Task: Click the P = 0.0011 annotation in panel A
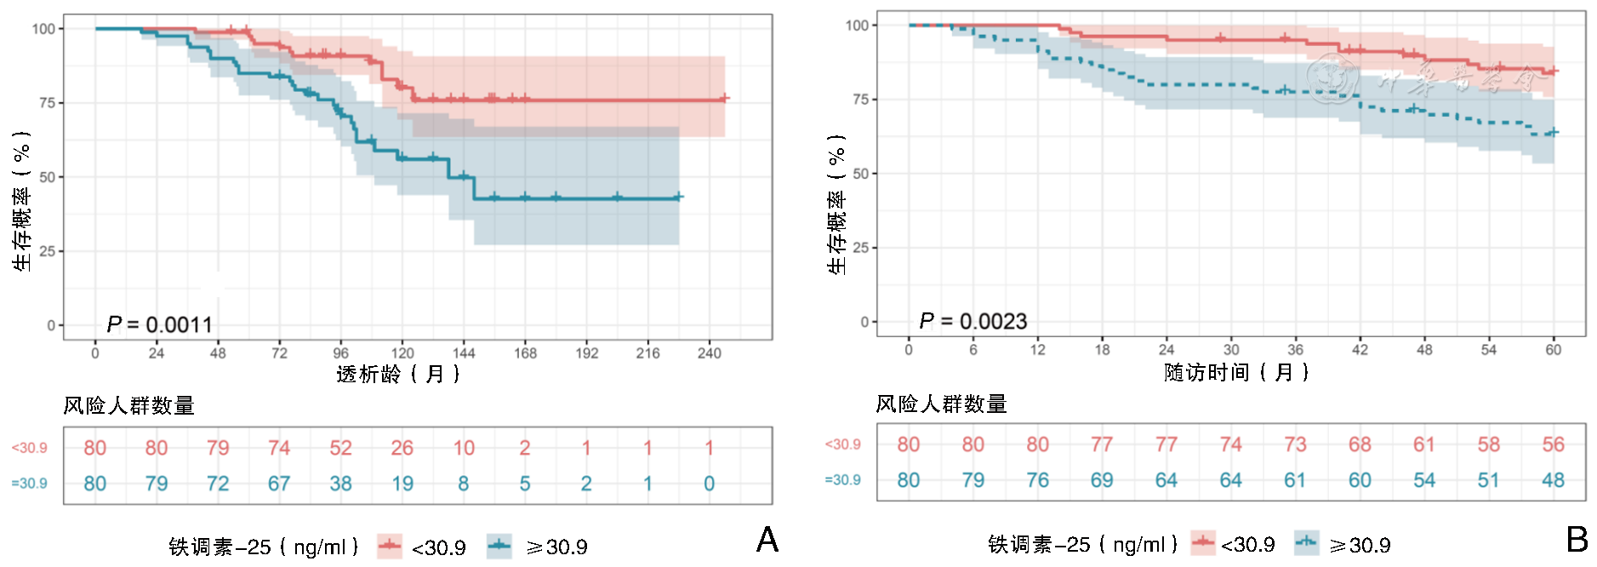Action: pyautogui.click(x=159, y=324)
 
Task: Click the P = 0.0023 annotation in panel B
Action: pyautogui.click(x=972, y=321)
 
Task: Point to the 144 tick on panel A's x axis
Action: pyautogui.click(x=464, y=352)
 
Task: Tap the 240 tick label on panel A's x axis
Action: pyautogui.click(x=709, y=352)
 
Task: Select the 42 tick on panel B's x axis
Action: pyautogui.click(x=1360, y=349)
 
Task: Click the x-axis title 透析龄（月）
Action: pyautogui.click(x=398, y=374)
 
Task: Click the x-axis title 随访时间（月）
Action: pyautogui.click(x=1236, y=372)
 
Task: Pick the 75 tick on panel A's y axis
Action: pyautogui.click(x=47, y=103)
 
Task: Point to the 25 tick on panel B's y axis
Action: pyautogui.click(x=860, y=248)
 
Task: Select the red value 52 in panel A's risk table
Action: pyautogui.click(x=340, y=448)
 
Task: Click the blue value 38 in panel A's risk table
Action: pyautogui.click(x=340, y=484)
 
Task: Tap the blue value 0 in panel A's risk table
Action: pyautogui.click(x=709, y=484)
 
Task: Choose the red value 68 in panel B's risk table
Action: pyautogui.click(x=1360, y=444)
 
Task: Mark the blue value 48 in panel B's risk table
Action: pyautogui.click(x=1553, y=480)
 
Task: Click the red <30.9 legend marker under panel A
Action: pyautogui.click(x=390, y=546)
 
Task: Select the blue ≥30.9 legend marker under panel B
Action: pyautogui.click(x=1306, y=542)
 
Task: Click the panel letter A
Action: pyautogui.click(x=767, y=540)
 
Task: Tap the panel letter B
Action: pyautogui.click(x=1577, y=539)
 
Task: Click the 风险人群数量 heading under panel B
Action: pyautogui.click(x=941, y=404)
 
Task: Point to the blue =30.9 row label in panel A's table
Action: pyautogui.click(x=29, y=484)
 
